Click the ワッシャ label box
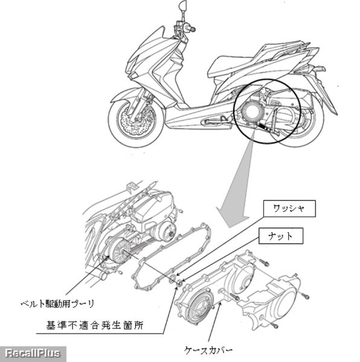289,209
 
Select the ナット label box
280,236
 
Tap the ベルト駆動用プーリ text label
57,303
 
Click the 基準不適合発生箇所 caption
95,325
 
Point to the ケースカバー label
208,351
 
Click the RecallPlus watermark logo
33,354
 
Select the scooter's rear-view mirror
182,4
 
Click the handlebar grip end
192,29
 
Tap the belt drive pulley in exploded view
118,250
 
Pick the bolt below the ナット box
263,262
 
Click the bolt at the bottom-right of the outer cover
274,325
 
